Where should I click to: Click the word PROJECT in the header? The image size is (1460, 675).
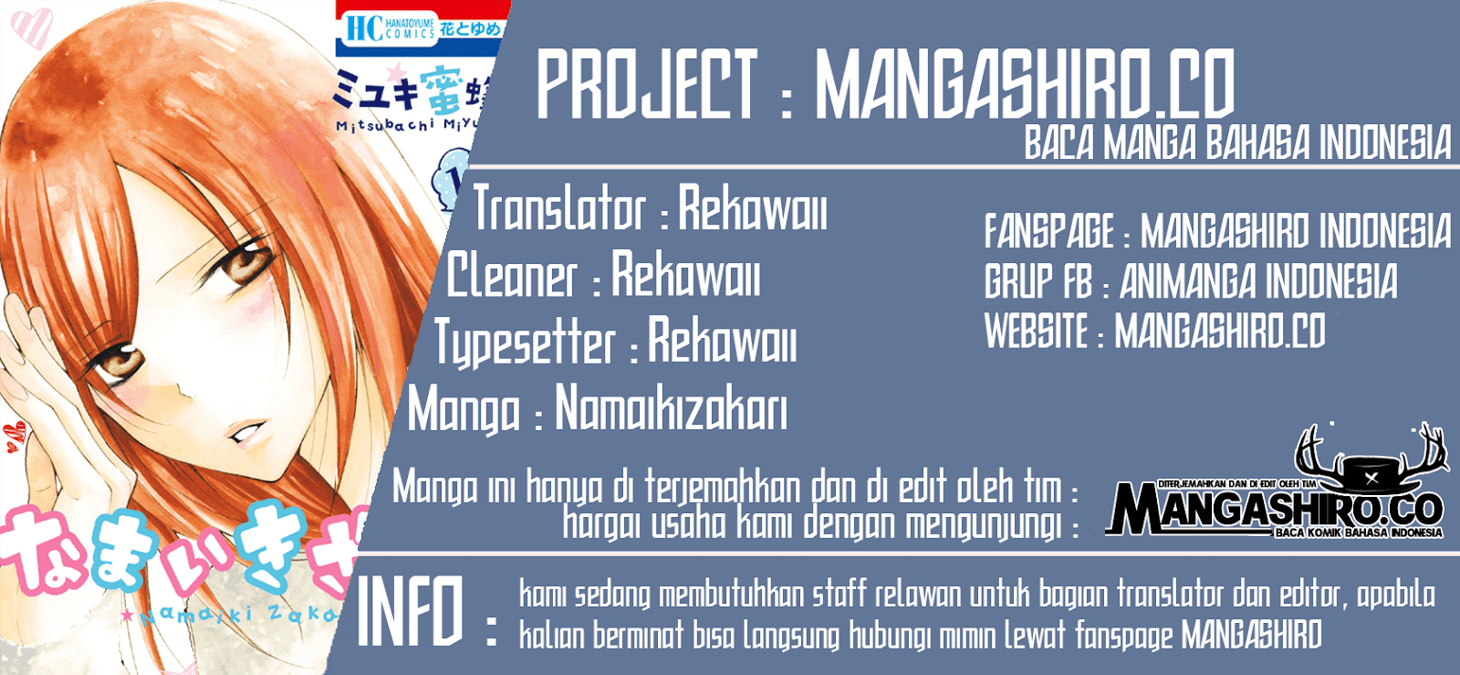coord(647,84)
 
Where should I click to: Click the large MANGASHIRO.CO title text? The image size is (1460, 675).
coord(1024,84)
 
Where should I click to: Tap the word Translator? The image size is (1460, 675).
coord(559,209)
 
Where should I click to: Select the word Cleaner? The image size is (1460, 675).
coord(512,276)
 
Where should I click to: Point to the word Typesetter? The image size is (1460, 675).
coord(525,343)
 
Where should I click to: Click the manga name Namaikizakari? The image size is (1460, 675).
coord(671,408)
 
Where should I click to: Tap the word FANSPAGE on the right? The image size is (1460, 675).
coord(1048,231)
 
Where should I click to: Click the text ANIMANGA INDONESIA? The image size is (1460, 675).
coord(1258,281)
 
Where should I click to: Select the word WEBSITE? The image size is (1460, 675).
coord(1037,331)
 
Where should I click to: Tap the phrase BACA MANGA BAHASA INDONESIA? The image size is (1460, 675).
coord(1236,144)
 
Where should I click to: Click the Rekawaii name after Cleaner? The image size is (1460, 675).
coord(685,276)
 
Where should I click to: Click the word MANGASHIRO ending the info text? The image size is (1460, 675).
coord(1251,634)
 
